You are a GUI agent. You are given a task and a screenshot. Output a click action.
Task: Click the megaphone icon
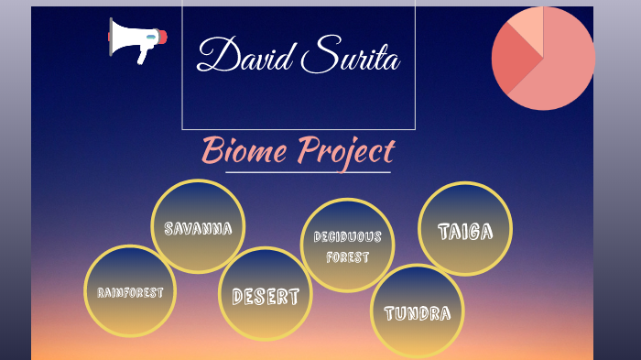[x=136, y=39]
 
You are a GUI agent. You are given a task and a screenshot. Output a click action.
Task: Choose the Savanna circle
[x=198, y=227]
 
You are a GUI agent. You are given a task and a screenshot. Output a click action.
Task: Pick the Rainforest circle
[x=130, y=292]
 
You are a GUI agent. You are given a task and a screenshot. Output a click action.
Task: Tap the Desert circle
[x=266, y=295]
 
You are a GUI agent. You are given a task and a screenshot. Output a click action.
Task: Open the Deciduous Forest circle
[x=348, y=245]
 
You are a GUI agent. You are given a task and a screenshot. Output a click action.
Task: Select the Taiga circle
[x=465, y=230]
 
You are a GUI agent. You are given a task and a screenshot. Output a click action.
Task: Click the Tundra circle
[x=418, y=312]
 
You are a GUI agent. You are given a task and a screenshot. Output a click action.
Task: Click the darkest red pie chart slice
[x=513, y=60]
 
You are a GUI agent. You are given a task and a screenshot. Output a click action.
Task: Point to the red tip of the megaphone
[x=163, y=38]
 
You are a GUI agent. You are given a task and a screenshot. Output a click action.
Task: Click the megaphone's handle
[x=143, y=54]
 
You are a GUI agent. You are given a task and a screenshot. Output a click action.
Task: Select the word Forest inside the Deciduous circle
[x=348, y=257]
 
